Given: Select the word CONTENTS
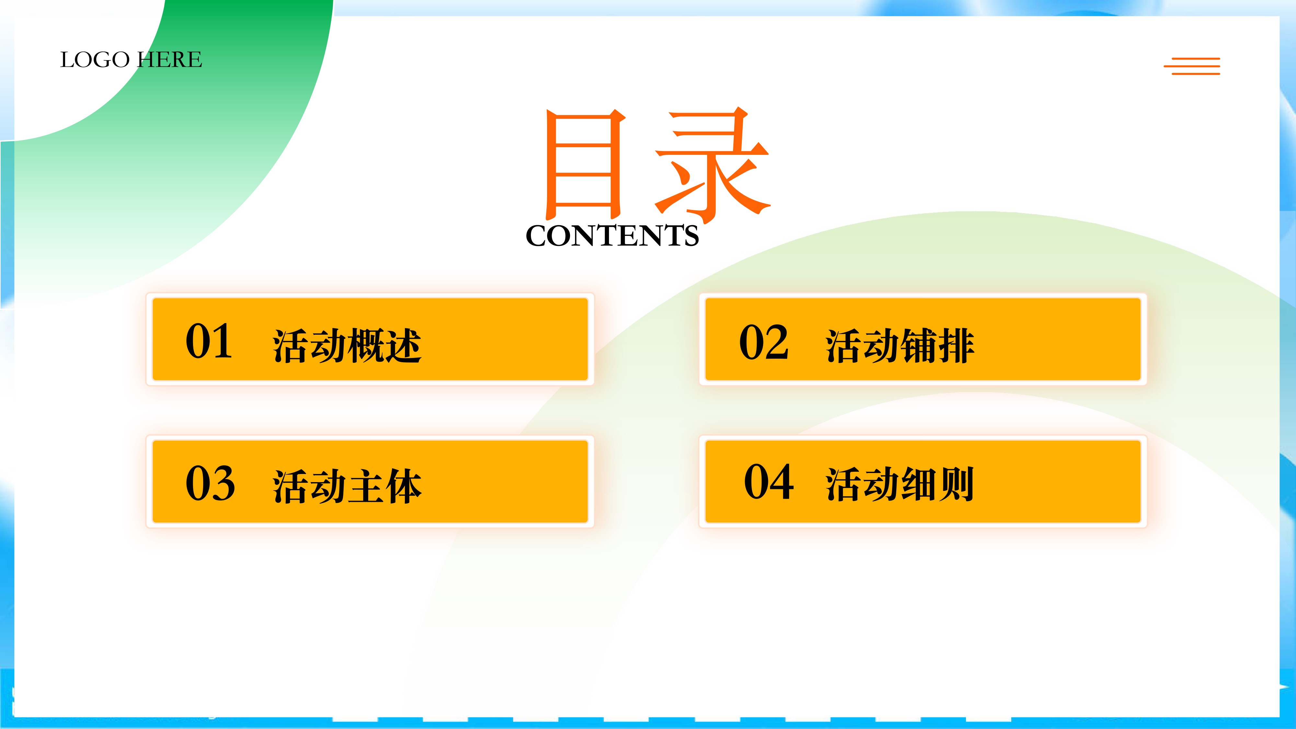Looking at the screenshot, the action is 612,236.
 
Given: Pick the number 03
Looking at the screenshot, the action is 210,483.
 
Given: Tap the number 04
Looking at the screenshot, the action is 769,481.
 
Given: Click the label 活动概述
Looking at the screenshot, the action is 347,346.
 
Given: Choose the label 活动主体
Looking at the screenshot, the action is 347,487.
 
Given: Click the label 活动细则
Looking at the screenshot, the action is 900,484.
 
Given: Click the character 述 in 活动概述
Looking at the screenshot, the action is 403,346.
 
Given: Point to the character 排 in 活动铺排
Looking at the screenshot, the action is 956,346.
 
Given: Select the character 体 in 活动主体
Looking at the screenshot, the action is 403,487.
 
